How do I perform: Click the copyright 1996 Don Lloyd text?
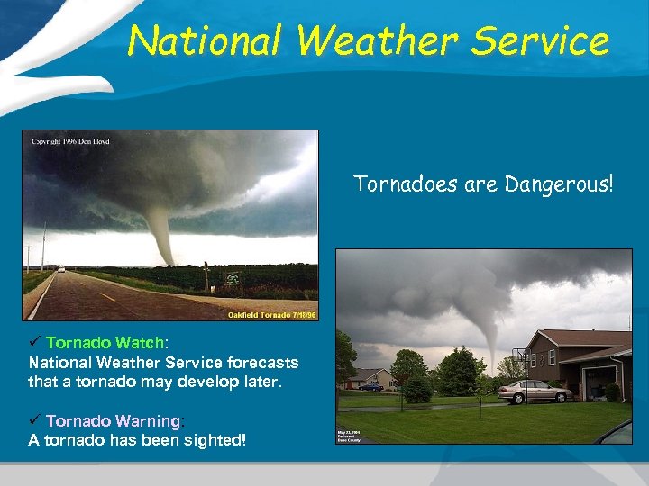point(70,141)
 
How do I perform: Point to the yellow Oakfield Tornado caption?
point(270,315)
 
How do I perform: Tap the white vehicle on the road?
point(60,268)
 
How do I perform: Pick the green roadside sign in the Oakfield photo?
point(233,279)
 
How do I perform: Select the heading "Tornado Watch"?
point(105,343)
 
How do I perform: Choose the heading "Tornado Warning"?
point(113,420)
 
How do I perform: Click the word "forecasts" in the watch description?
point(261,363)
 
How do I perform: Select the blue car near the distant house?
point(370,386)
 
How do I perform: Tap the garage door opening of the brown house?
point(598,382)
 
